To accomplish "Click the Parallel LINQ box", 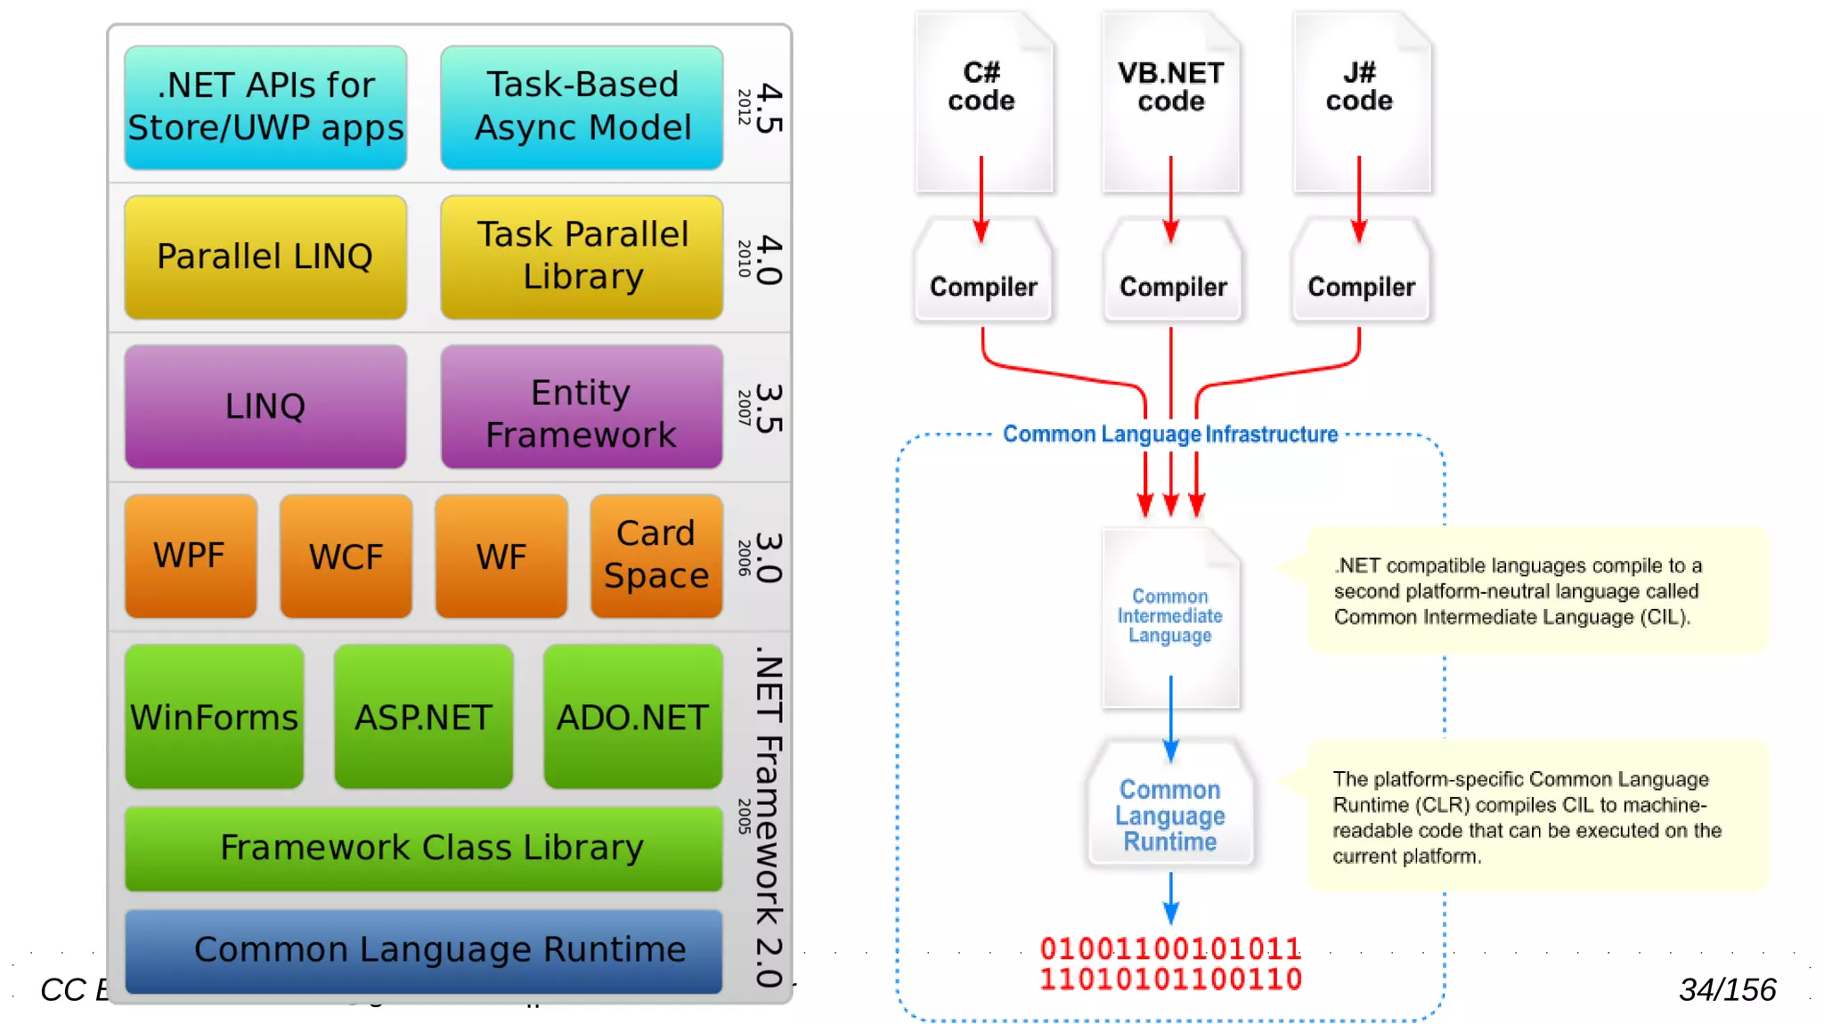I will [265, 256].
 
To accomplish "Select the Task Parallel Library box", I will [582, 256].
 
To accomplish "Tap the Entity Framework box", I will [582, 407].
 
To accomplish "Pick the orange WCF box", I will [346, 557].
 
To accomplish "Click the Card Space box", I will [656, 556].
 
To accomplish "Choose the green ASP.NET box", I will [423, 717].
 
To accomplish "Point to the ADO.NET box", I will [632, 717].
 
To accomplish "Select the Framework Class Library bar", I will [424, 848].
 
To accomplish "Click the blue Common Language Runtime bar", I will [424, 950].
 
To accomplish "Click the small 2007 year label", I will [745, 407].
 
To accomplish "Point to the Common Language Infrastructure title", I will [1170, 435].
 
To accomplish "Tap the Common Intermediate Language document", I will [1170, 617].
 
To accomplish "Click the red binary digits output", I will [1170, 964].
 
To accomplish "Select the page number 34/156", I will [1727, 990].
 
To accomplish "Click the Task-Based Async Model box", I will [582, 107].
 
